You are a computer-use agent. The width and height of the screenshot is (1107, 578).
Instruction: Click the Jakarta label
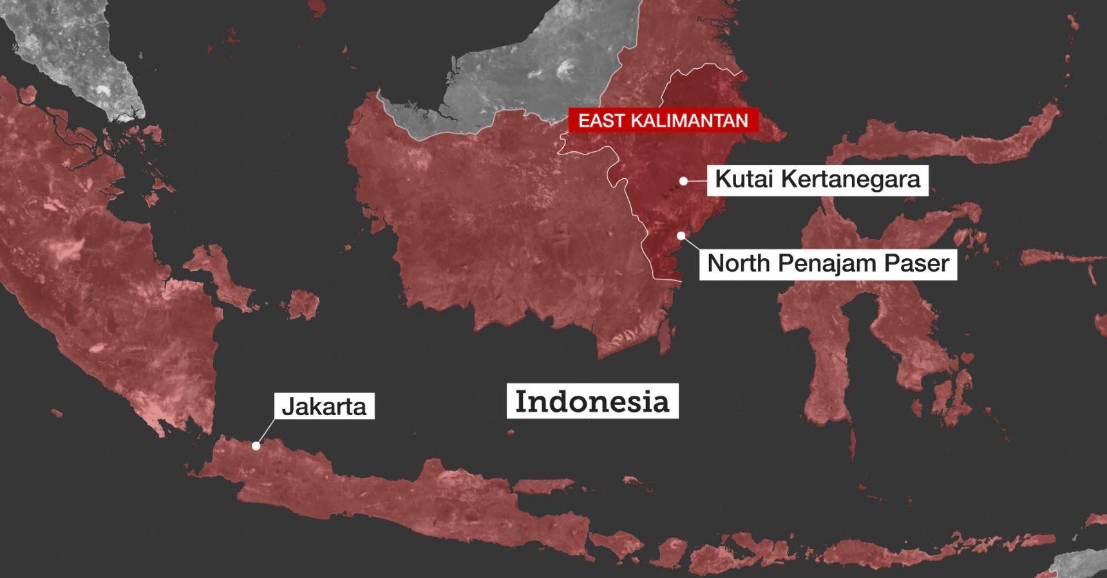324,406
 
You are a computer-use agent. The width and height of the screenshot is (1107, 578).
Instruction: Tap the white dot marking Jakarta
256,445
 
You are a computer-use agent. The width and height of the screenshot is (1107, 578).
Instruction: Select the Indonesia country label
592,401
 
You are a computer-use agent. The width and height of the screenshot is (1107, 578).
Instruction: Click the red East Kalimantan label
663,120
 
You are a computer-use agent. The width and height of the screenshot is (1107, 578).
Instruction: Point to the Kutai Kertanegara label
818,179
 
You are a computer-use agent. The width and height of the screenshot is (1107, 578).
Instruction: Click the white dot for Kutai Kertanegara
683,182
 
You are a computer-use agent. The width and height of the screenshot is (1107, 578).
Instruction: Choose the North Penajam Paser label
828,263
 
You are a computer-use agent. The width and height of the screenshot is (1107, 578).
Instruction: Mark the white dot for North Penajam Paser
681,236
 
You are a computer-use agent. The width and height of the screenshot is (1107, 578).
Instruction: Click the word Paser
919,263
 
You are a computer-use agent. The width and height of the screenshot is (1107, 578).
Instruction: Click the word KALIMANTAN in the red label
690,120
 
